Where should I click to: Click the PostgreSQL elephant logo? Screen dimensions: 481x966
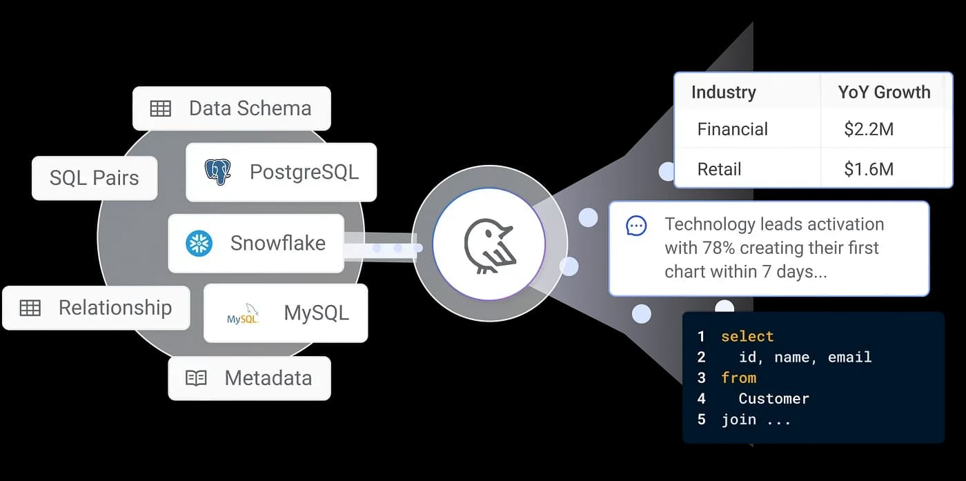coord(217,172)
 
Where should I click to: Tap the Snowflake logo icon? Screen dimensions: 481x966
coord(199,243)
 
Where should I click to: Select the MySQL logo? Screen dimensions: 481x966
coord(243,316)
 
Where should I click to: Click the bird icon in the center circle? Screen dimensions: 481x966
coord(489,244)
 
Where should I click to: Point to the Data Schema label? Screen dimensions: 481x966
coord(250,108)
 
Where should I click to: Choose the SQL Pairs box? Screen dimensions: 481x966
coord(95,178)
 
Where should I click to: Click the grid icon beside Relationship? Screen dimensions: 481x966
coord(30,308)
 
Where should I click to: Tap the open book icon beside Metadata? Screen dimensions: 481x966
coord(196,378)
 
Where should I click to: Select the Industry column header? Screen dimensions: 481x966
coord(723,92)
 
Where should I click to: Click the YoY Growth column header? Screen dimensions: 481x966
coord(884,92)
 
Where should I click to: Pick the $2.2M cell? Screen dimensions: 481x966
coord(868,129)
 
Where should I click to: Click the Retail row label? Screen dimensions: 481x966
coord(719,169)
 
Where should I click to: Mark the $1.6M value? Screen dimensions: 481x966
coord(868,169)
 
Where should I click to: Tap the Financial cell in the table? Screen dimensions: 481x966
coord(732,129)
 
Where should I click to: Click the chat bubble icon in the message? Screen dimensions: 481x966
coord(636,226)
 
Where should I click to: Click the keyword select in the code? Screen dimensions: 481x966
coord(747,337)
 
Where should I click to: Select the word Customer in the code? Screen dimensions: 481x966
coord(773,399)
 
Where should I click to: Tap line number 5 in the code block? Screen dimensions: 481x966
coord(701,420)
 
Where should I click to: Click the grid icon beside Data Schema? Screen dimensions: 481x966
coord(161,108)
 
